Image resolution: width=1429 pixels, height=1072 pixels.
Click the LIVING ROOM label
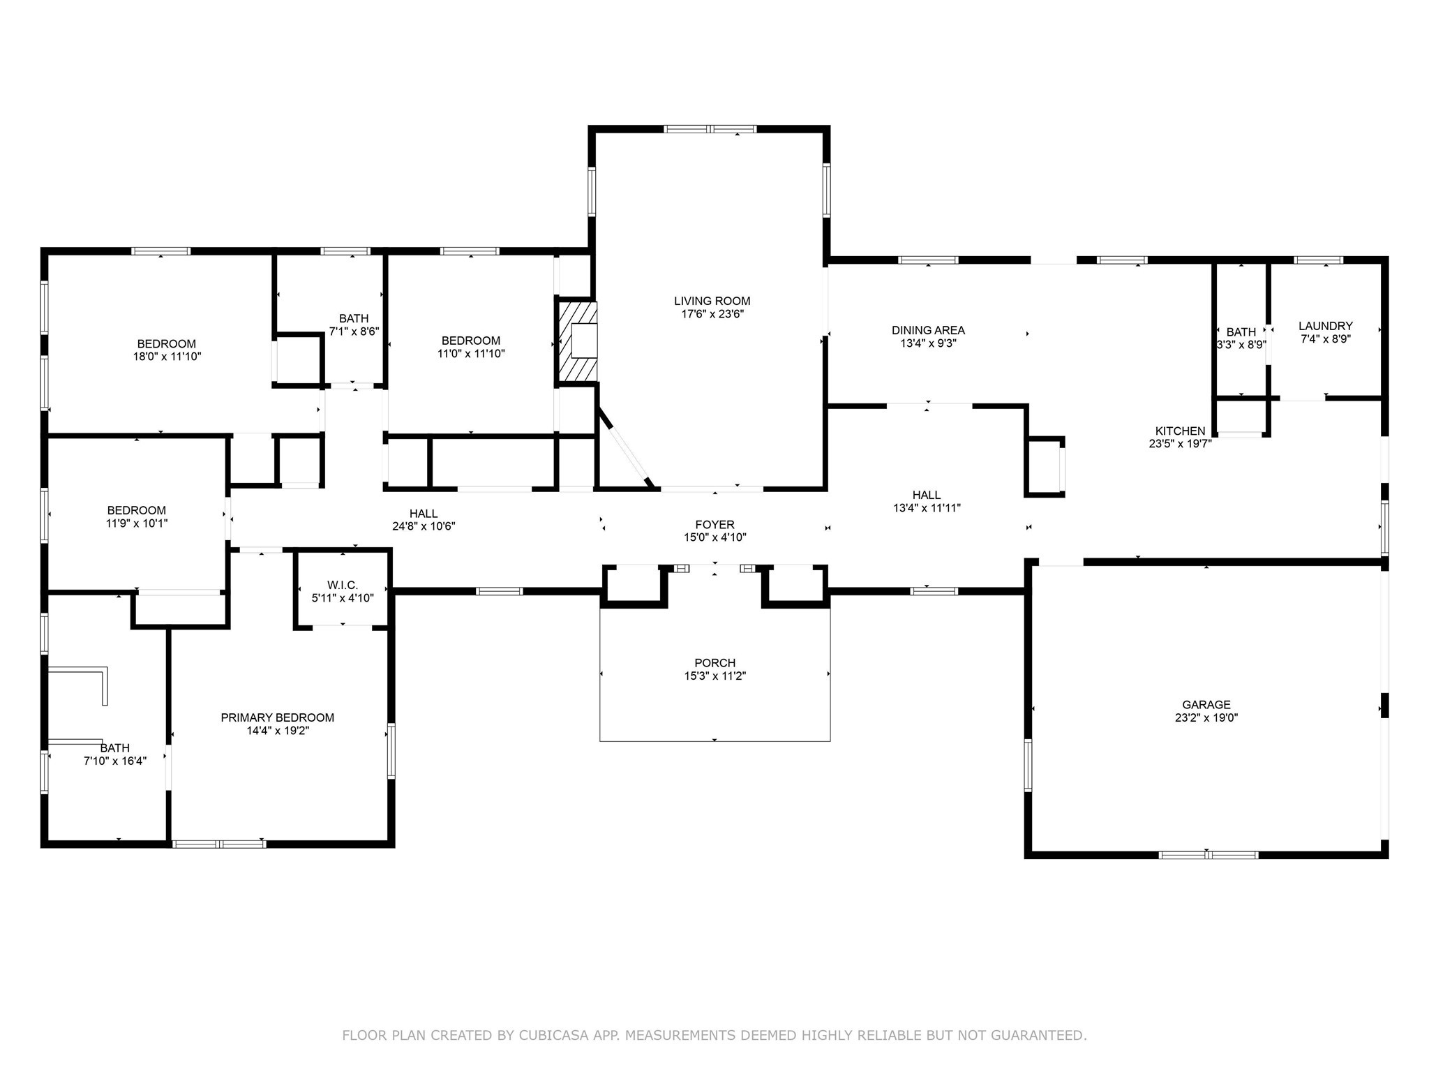tap(712, 301)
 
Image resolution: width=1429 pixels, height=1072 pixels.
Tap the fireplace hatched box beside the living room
tap(577, 341)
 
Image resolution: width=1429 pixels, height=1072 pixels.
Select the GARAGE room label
tap(1206, 705)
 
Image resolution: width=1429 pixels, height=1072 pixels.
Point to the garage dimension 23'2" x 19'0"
tap(1206, 717)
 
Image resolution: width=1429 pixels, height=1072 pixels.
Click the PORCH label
tap(715, 663)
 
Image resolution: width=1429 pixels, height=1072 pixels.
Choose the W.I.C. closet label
tap(343, 585)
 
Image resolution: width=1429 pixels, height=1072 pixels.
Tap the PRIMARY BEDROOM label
tap(278, 717)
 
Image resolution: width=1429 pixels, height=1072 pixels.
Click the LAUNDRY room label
tap(1326, 326)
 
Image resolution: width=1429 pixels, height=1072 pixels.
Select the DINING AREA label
tap(928, 330)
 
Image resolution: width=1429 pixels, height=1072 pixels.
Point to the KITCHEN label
tap(1180, 431)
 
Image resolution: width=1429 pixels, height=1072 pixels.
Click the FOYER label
tap(715, 525)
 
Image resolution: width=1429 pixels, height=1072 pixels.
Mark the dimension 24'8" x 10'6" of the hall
tap(424, 526)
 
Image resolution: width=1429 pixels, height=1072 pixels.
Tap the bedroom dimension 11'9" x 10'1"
tap(137, 523)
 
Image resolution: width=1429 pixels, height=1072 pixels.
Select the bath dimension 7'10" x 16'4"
tap(115, 761)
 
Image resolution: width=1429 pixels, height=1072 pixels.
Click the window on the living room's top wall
tap(710, 129)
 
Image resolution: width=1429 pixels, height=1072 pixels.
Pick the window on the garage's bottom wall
tap(1209, 855)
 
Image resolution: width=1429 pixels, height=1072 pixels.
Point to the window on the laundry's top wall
tap(1318, 260)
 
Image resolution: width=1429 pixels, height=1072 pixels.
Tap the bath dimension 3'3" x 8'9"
tap(1241, 344)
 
